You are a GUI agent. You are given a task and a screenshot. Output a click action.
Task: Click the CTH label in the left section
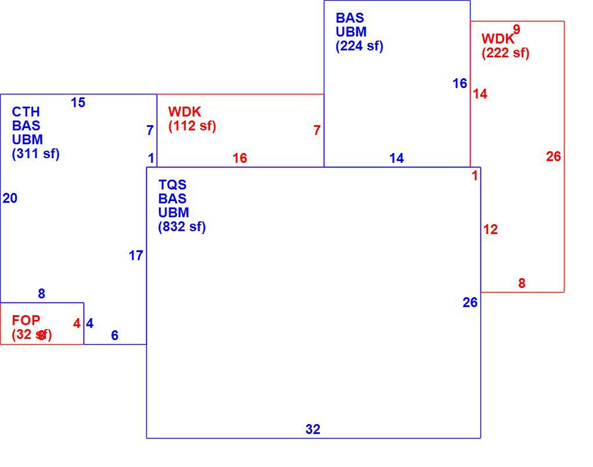(x=26, y=112)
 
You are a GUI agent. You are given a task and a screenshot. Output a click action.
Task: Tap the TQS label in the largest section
(x=172, y=185)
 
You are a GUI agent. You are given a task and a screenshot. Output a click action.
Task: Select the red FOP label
(x=26, y=320)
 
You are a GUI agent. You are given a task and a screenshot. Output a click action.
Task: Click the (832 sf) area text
(x=182, y=227)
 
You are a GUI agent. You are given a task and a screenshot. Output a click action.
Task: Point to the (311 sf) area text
(x=36, y=154)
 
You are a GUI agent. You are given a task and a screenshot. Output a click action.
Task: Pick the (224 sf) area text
(x=360, y=46)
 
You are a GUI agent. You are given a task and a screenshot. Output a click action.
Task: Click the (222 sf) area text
(x=505, y=53)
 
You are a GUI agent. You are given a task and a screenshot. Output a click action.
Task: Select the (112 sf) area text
(x=192, y=126)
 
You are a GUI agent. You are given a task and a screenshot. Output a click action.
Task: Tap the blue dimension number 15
(x=78, y=103)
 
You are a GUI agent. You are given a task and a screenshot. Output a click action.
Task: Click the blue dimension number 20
(x=10, y=198)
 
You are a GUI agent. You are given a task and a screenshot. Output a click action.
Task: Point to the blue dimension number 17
(x=136, y=256)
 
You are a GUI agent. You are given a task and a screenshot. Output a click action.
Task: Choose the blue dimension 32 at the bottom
(x=313, y=429)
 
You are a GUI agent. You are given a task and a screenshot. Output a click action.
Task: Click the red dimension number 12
(x=490, y=229)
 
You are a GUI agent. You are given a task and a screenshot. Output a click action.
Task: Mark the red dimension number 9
(x=516, y=29)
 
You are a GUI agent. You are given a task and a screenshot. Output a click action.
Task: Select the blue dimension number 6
(x=114, y=335)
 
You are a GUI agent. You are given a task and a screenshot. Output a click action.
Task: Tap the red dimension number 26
(x=554, y=156)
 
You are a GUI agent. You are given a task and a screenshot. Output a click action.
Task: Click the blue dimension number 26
(x=470, y=302)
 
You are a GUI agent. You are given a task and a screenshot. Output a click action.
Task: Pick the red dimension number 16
(x=240, y=158)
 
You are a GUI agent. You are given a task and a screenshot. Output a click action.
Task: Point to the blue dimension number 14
(x=396, y=158)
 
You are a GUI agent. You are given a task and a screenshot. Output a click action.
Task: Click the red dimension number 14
(x=480, y=94)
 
